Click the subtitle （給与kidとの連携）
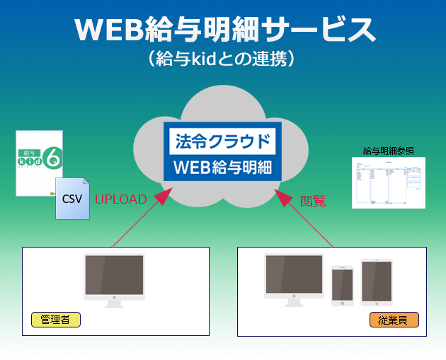223,59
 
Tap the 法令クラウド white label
222,140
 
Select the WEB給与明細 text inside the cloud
222,169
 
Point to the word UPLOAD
120,199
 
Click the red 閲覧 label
313,201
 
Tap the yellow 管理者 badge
55,320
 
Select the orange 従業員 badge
394,320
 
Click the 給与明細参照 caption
388,151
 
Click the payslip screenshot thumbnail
388,182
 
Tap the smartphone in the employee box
342,285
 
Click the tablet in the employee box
376,282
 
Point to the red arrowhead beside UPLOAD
162,195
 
